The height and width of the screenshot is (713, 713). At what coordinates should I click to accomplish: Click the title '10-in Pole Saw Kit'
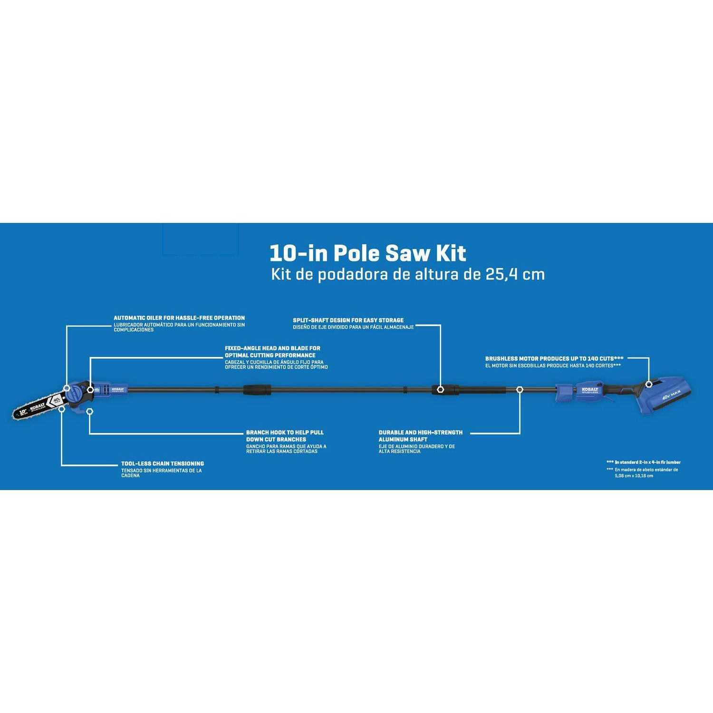click(367, 253)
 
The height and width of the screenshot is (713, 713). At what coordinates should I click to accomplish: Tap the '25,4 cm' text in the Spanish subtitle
click(515, 275)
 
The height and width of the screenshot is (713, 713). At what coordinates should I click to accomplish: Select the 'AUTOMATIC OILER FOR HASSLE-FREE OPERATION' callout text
click(179, 318)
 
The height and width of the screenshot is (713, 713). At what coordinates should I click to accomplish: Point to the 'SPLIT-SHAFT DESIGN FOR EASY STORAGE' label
click(348, 320)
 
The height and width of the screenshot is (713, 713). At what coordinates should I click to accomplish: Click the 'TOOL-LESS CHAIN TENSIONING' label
click(162, 463)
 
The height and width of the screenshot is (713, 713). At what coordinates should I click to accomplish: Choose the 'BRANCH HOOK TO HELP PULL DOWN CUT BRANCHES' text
click(284, 436)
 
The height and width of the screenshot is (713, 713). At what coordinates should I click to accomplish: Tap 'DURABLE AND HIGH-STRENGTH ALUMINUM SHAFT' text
click(420, 436)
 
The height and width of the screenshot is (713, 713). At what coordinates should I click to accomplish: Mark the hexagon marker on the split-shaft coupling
click(441, 389)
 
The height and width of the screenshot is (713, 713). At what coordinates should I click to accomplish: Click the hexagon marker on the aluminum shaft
click(520, 389)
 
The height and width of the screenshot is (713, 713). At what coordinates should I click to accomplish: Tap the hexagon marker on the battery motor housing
click(649, 384)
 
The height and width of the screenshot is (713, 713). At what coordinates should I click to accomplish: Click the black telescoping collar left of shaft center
click(257, 389)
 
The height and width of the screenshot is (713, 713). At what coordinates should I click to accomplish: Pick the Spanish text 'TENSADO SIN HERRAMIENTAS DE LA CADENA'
click(161, 473)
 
